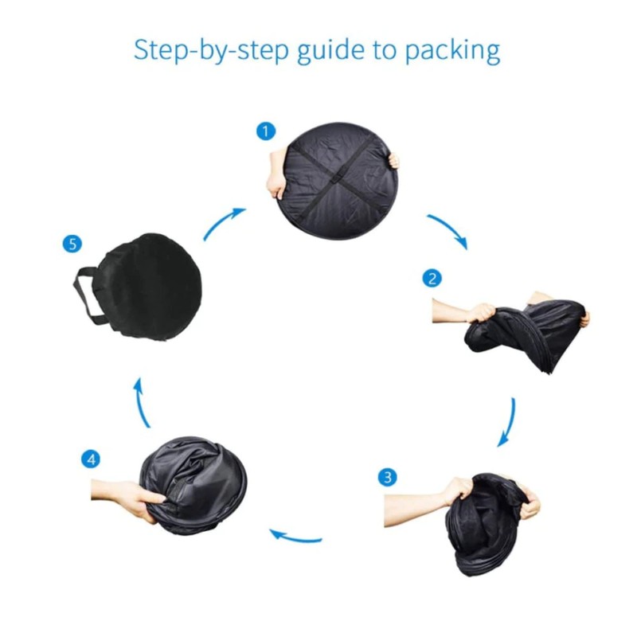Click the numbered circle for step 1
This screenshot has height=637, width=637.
tap(266, 131)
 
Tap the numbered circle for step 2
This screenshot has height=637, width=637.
tap(432, 278)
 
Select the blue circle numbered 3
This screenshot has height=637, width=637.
tap(387, 476)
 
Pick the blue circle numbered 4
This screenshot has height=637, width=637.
tap(91, 459)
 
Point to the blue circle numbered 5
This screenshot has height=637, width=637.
tap(72, 244)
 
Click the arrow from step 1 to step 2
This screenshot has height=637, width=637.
tap(451, 227)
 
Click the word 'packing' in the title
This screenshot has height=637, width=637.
tap(452, 51)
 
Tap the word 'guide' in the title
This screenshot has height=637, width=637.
tap(331, 51)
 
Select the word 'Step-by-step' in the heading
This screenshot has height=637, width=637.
tap(211, 51)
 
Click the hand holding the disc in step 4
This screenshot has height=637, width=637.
tap(129, 498)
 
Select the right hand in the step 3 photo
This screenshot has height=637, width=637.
tap(530, 504)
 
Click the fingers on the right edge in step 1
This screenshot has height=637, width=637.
tap(393, 161)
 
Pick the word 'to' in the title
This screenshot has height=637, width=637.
tap(385, 51)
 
